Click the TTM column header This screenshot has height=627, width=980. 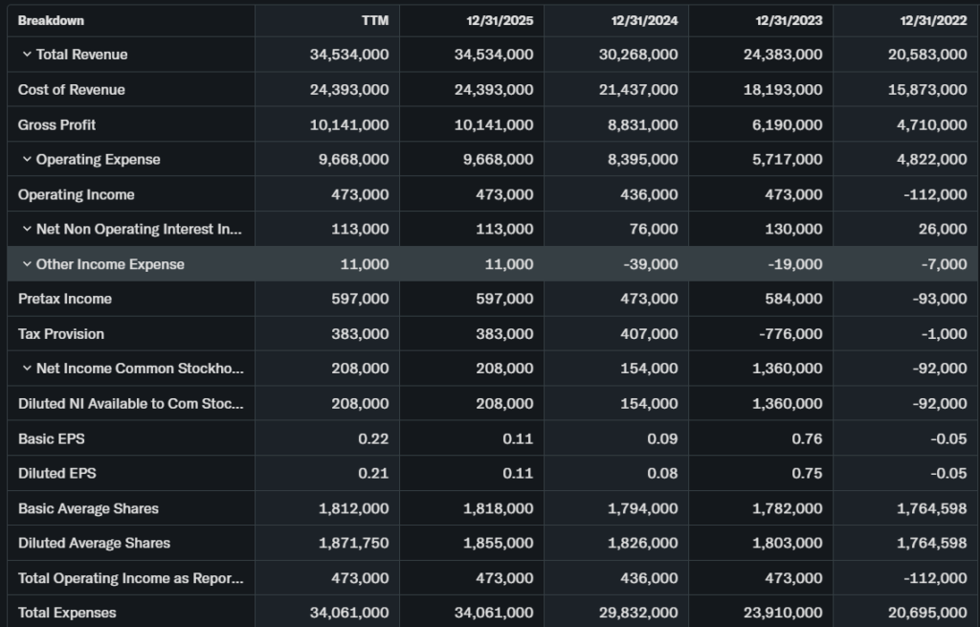coord(375,20)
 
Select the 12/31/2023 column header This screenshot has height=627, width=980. coord(789,20)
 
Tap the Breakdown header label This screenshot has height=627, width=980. coord(51,20)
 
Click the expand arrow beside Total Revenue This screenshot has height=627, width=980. coord(27,55)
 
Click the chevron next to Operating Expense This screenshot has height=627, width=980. coord(27,160)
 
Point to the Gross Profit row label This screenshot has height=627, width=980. coord(57,124)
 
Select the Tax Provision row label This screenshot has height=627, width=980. coord(61,334)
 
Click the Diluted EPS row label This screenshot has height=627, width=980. coord(57,473)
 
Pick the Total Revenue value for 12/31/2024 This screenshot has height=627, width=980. coord(639,55)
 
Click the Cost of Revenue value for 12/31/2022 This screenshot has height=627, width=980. coord(928,90)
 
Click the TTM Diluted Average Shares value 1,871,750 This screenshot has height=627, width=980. coord(353,543)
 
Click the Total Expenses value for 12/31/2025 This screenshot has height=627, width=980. coord(494,613)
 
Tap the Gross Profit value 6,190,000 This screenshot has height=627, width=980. coord(782,124)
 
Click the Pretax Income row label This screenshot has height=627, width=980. coord(65,299)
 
